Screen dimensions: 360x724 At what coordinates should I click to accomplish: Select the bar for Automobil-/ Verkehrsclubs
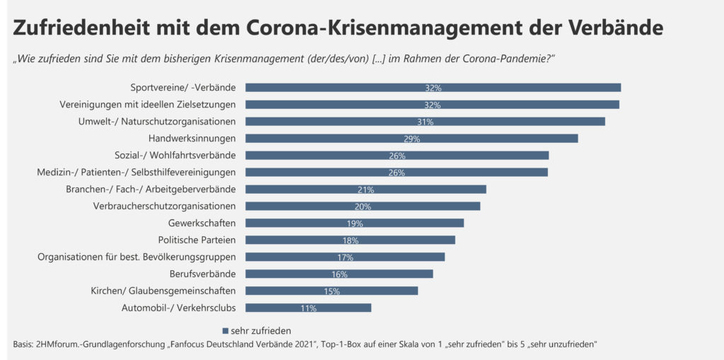point(308,308)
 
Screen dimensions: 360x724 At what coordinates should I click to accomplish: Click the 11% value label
point(308,308)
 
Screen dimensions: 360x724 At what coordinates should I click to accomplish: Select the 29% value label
point(411,139)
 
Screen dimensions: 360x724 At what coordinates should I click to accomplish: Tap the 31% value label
point(425,122)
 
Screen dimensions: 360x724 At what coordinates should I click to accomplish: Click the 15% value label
point(332,291)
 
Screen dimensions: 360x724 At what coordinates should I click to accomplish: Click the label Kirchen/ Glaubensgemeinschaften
point(163,291)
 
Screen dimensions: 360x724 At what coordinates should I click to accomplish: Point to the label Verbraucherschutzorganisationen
point(165,206)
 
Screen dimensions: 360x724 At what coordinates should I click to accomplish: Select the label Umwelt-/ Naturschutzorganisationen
point(157,122)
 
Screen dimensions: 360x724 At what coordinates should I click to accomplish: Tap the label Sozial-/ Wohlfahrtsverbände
point(175,156)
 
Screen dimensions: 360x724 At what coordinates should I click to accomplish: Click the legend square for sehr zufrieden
point(226,330)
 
